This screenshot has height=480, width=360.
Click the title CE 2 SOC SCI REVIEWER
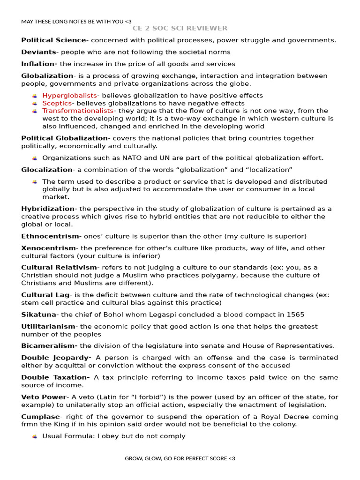point(180,28)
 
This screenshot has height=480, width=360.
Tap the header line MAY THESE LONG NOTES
point(76,21)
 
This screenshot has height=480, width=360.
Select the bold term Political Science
point(53,40)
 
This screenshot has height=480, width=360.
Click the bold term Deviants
point(38,52)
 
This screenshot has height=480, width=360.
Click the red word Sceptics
point(57,103)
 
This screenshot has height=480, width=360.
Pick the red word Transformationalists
point(78,111)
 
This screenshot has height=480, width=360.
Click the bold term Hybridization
point(48,209)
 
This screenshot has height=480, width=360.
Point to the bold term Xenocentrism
point(48,248)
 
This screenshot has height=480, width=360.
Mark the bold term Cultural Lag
point(45,295)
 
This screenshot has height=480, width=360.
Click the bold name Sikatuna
point(38,315)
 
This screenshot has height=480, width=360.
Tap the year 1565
point(296,315)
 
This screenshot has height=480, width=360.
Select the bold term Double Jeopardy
point(56,358)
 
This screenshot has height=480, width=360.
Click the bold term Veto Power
point(44,397)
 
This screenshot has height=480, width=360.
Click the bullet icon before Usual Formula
point(35,436)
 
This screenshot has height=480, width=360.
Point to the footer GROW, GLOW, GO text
point(180,458)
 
